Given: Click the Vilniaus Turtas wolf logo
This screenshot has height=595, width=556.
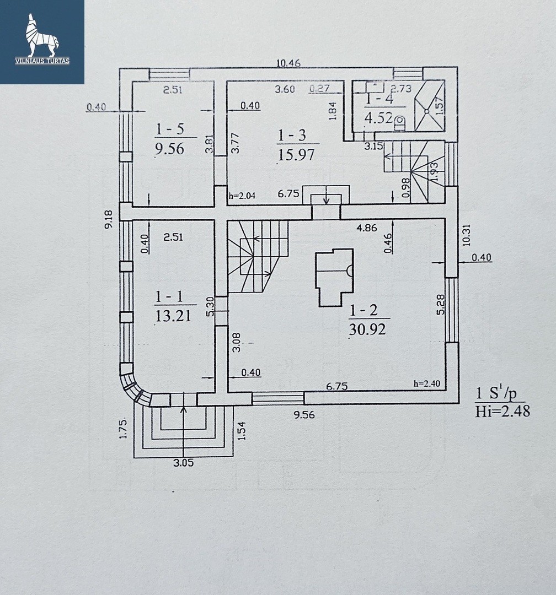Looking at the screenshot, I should [42, 39].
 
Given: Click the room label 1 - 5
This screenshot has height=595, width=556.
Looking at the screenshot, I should [169, 130].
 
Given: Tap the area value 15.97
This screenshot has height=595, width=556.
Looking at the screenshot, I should [297, 154].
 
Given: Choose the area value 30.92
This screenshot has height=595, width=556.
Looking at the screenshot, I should [366, 329].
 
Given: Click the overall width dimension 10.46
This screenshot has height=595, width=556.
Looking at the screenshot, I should [288, 63].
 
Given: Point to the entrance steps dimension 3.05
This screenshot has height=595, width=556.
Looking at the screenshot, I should [183, 463].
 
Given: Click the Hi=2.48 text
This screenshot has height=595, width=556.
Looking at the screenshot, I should [502, 411].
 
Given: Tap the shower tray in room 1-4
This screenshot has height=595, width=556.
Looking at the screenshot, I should [429, 106].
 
